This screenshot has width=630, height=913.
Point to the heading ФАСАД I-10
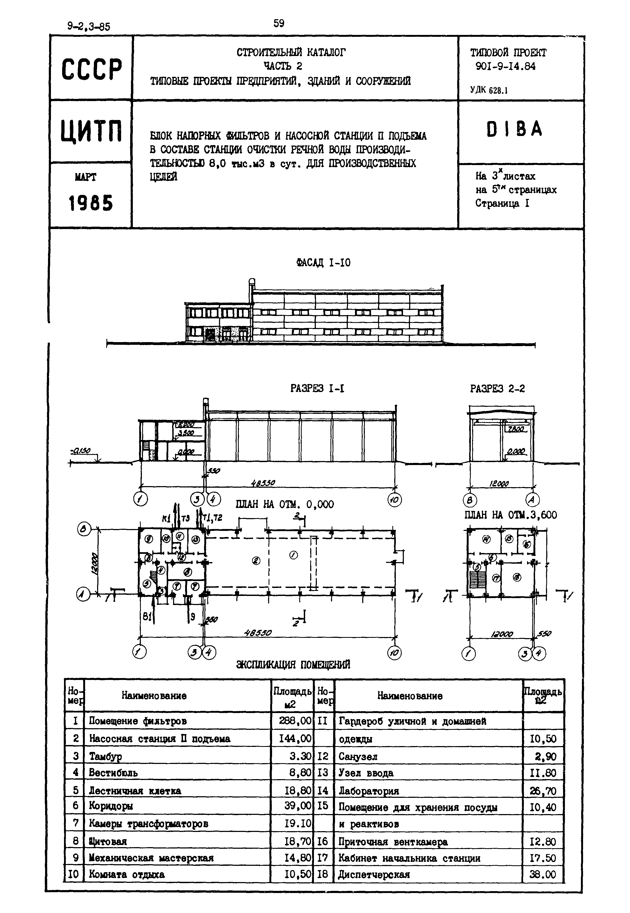pos(323,263)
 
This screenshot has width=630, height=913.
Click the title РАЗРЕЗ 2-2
pos(497,389)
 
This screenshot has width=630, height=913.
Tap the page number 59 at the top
pos(279,23)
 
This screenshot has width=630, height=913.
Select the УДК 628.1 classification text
pos(489,90)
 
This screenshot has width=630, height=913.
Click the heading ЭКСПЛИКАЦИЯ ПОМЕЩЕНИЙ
pos(293,665)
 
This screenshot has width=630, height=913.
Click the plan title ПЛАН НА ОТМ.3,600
pos(511,515)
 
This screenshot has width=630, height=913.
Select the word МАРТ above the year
pos(85,178)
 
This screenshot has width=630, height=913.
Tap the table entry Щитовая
pos(108,841)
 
